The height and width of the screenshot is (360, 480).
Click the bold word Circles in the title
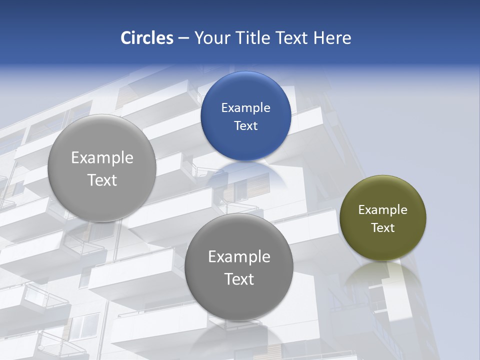[147, 38]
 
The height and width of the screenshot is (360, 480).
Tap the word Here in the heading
[332, 38]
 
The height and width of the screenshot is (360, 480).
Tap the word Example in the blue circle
[245, 107]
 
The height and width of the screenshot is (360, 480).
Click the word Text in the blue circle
[245, 125]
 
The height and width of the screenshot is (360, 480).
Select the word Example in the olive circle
[382, 209]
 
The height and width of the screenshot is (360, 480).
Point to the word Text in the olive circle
[382, 227]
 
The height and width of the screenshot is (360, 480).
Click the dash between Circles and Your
[183, 38]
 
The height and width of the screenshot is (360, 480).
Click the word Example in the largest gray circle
[102, 157]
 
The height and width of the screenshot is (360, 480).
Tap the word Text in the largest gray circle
[102, 180]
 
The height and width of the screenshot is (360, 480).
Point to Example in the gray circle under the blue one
[239, 256]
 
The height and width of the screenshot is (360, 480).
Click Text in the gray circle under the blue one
[239, 279]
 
